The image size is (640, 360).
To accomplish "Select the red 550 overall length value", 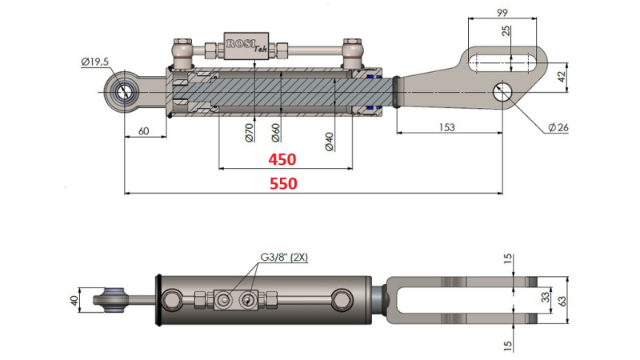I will click(283, 183).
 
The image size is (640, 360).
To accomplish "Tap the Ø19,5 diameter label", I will click(95, 62).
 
